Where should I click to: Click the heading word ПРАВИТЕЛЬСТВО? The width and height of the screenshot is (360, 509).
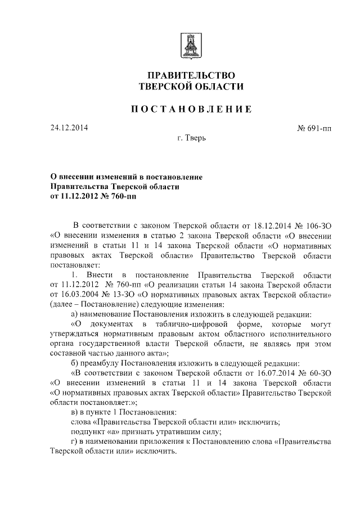191,75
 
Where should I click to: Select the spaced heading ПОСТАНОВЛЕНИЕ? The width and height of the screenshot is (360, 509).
191,109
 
